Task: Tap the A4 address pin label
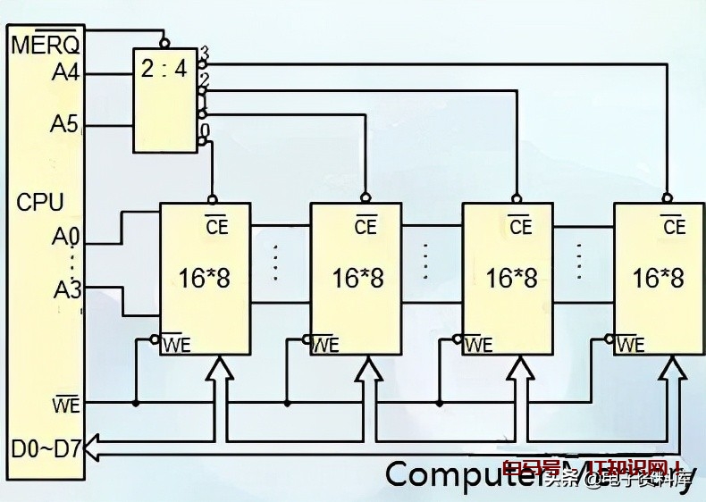click(x=65, y=72)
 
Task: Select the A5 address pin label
click(x=64, y=124)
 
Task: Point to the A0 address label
click(x=65, y=238)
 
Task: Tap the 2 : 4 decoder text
click(x=164, y=69)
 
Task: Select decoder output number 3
click(x=205, y=52)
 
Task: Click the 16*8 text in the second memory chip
click(x=357, y=278)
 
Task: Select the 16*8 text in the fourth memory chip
click(x=658, y=278)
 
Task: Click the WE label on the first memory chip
click(x=175, y=344)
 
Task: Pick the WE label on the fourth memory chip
click(x=630, y=344)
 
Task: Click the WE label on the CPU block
click(x=66, y=406)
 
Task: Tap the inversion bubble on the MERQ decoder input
click(x=164, y=41)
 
